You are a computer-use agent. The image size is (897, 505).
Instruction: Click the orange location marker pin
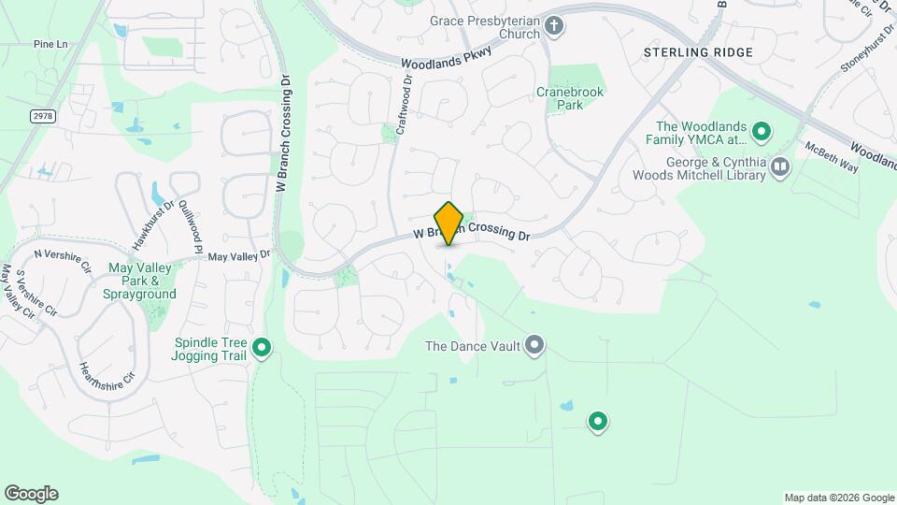449,224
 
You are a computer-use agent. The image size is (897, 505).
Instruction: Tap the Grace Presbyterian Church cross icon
554,26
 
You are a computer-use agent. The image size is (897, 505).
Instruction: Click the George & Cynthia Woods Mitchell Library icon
779,167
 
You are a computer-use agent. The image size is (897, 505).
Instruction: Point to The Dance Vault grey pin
534,346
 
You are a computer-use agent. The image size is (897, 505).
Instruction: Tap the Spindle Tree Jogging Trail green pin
263,349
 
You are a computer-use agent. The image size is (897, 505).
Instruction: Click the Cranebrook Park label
570,98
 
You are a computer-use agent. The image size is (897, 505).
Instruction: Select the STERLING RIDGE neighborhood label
698,52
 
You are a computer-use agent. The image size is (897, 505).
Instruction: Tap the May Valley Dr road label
238,255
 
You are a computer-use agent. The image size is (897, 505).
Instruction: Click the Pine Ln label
50,44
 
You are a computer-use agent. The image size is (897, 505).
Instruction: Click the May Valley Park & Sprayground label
142,281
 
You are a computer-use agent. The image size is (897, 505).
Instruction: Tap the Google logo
31,494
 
